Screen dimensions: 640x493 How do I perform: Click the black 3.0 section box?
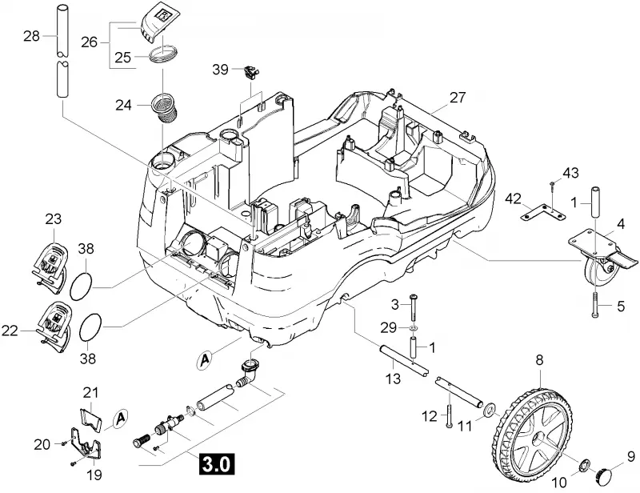pos(217,464)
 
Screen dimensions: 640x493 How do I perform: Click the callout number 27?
pos(458,97)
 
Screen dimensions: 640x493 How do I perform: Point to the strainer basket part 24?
pos(166,107)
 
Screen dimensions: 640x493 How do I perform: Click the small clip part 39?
pos(250,72)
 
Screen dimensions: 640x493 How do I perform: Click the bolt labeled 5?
pos(594,305)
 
